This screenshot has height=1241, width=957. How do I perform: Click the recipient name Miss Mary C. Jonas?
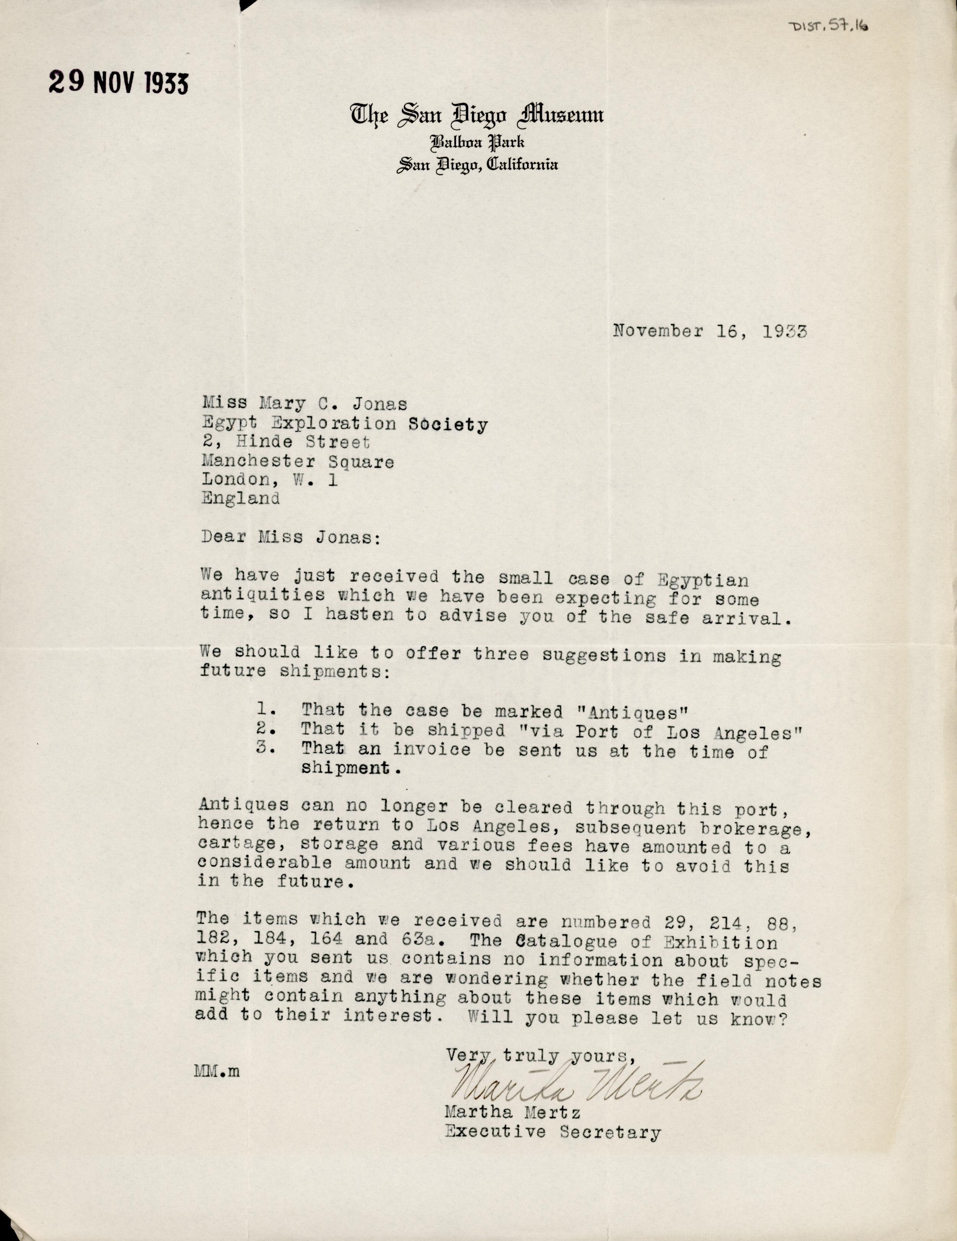click(304, 404)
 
